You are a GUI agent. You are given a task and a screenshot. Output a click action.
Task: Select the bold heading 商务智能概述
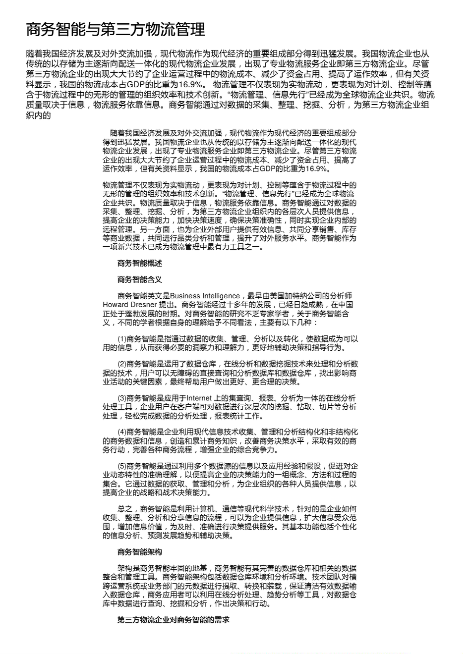pyautogui.click(x=139, y=263)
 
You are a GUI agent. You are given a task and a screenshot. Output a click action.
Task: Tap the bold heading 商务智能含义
pyautogui.click(x=139, y=279)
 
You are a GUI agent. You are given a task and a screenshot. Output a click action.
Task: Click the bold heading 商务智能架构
pyautogui.click(x=139, y=552)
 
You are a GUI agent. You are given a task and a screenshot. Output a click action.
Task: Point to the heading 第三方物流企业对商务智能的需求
pyautogui.click(x=173, y=620)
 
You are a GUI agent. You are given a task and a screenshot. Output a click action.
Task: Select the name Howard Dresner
pyautogui.click(x=130, y=305)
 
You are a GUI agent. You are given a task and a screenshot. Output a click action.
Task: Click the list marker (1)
pyautogui.click(x=122, y=339)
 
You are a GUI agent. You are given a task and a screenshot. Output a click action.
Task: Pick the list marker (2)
pyautogui.click(x=122, y=364)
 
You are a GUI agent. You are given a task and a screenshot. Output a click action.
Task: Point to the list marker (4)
pyautogui.click(x=122, y=432)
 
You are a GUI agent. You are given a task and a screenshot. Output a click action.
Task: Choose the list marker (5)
pyautogui.click(x=122, y=466)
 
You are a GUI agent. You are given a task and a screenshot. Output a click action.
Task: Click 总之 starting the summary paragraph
pyautogui.click(x=125, y=509)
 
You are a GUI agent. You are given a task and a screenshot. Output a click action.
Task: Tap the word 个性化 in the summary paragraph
pyautogui.click(x=345, y=527)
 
